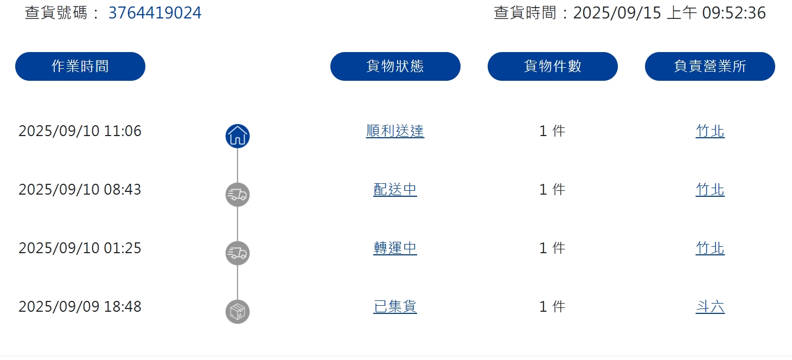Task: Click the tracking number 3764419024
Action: [x=155, y=13]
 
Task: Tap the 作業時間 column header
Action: [x=80, y=66]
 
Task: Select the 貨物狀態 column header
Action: [x=395, y=66]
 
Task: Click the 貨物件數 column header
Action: [x=552, y=66]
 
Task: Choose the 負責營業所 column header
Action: [x=710, y=66]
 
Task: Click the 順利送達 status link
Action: [x=395, y=131]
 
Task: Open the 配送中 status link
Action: [x=395, y=190]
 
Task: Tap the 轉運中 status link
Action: [x=395, y=248]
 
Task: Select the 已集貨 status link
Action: [x=395, y=307]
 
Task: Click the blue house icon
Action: [x=238, y=136]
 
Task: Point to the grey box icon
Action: [x=238, y=312]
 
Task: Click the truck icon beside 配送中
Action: [x=238, y=195]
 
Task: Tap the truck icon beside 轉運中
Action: [x=238, y=253]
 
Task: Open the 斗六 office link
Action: [x=710, y=307]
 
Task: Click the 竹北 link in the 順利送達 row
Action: [x=710, y=131]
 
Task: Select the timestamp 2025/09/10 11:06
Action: [x=80, y=131]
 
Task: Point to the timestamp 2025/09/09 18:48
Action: [x=80, y=307]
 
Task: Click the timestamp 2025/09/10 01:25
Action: [x=80, y=248]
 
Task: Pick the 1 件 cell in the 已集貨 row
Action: [x=552, y=307]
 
